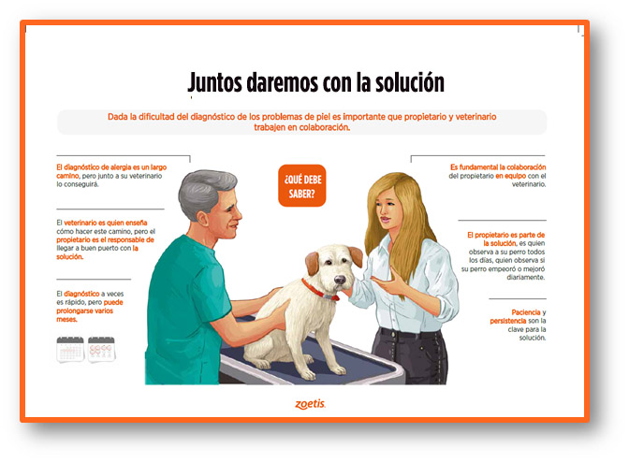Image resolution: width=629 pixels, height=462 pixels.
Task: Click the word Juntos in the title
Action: point(215,82)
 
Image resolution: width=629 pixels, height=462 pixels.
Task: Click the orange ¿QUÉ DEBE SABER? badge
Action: point(302,185)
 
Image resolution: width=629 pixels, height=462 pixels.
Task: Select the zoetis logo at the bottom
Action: point(310,403)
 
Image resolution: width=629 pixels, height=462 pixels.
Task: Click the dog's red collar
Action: point(320,291)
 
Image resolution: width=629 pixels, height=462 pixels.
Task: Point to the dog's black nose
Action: point(340,280)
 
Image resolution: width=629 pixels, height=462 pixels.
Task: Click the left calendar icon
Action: point(70,349)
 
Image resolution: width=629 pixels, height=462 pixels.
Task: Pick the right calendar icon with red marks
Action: point(101,349)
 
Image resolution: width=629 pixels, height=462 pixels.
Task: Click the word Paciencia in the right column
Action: point(525,312)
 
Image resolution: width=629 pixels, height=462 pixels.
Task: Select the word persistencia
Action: point(508,321)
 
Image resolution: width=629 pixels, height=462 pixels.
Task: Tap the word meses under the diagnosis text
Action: point(66,319)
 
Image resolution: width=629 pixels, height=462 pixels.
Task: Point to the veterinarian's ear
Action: point(202,219)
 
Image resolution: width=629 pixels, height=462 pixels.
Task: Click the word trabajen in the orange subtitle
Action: point(270,127)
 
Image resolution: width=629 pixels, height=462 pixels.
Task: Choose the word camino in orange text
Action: point(67,176)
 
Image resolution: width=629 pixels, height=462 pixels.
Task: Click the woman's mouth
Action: point(385,220)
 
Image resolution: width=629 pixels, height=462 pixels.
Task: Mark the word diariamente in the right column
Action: point(525,277)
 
